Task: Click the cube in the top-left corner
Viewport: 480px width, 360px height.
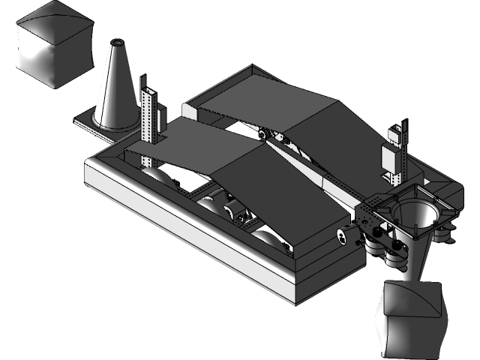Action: [52, 45]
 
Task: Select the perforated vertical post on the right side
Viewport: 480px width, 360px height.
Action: [398, 154]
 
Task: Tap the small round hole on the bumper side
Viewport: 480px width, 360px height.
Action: [342, 236]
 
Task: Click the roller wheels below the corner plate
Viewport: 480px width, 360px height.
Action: [394, 251]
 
